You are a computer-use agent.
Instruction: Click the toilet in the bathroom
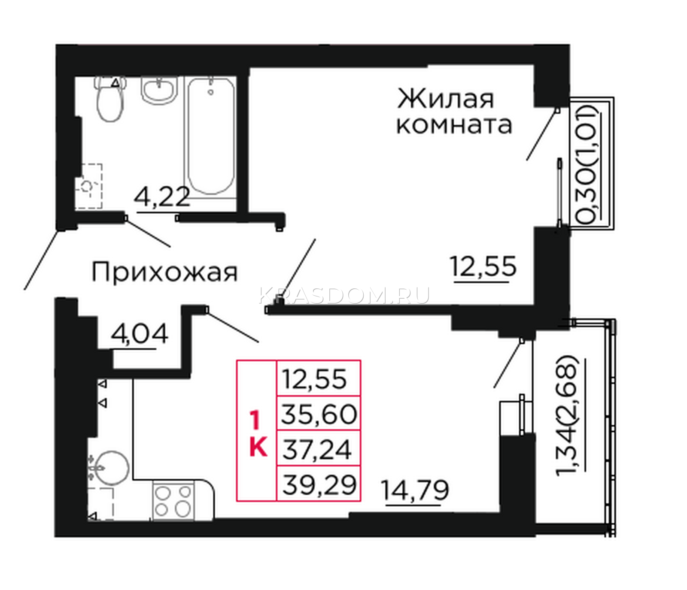(110, 98)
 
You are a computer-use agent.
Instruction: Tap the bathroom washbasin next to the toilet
(159, 91)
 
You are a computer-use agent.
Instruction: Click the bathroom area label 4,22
(162, 198)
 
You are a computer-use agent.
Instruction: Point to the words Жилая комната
(454, 111)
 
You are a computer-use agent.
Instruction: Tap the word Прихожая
(164, 272)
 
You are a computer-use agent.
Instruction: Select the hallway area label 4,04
(139, 333)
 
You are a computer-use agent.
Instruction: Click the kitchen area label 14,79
(415, 490)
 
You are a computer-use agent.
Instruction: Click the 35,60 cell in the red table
(319, 414)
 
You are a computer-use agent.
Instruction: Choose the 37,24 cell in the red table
(319, 448)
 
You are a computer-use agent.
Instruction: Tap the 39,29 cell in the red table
(319, 484)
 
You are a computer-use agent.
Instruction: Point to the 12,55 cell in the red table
(319, 378)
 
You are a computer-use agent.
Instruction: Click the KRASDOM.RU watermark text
(344, 296)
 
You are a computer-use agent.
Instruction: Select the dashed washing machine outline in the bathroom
(89, 186)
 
